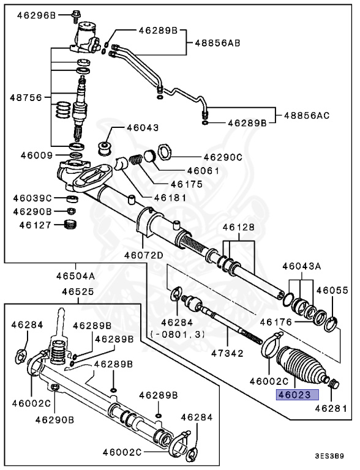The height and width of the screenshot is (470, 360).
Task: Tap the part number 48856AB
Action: pyautogui.click(x=217, y=43)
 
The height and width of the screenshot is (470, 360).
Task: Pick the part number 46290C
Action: pyautogui.click(x=223, y=157)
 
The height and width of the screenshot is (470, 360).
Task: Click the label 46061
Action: pyautogui.click(x=203, y=171)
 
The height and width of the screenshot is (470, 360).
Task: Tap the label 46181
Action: pyautogui.click(x=170, y=197)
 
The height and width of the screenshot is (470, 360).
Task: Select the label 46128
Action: pyautogui.click(x=238, y=226)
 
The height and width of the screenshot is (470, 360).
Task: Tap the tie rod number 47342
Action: pyautogui.click(x=227, y=353)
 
